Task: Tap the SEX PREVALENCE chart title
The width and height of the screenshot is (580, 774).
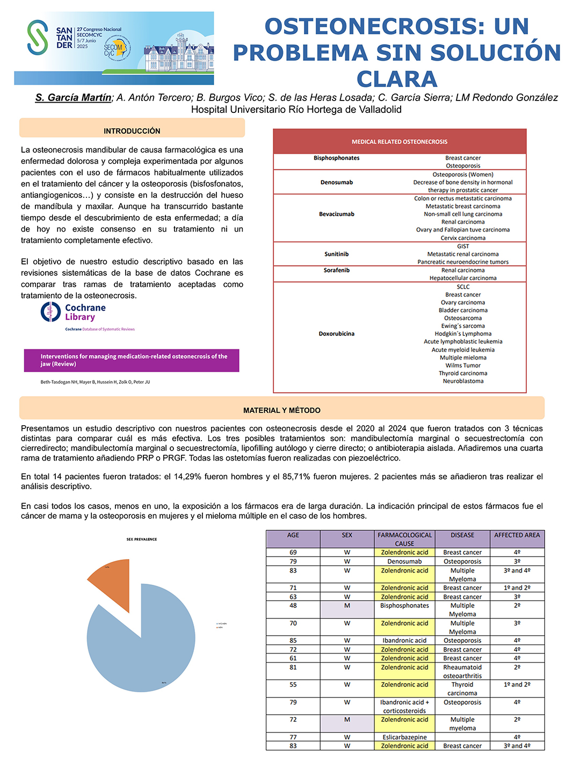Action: pyautogui.click(x=142, y=539)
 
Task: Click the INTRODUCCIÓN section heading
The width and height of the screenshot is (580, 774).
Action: pyautogui.click(x=132, y=131)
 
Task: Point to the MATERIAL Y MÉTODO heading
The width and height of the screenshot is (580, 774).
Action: pyautogui.click(x=282, y=410)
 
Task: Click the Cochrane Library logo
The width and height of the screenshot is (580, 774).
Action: pyautogui.click(x=74, y=312)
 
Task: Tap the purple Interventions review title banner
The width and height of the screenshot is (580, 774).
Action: pyautogui.click(x=132, y=360)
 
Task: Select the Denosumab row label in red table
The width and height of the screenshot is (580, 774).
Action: pyautogui.click(x=337, y=182)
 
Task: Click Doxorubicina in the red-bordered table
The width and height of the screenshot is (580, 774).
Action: pyautogui.click(x=337, y=334)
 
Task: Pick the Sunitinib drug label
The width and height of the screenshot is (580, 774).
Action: pyautogui.click(x=337, y=254)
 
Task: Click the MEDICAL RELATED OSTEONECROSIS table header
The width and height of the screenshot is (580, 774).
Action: pyautogui.click(x=400, y=142)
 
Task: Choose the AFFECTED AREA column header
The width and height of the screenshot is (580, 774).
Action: pyautogui.click(x=517, y=535)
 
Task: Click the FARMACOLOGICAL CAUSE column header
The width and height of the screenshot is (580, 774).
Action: pyautogui.click(x=404, y=539)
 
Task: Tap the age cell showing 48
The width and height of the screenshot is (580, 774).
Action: pyautogui.click(x=293, y=606)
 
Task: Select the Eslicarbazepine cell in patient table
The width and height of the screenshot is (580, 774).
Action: pyautogui.click(x=404, y=737)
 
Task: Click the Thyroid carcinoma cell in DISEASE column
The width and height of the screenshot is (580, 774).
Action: pyautogui.click(x=462, y=689)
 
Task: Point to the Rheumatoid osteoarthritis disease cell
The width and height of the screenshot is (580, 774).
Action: pyautogui.click(x=462, y=671)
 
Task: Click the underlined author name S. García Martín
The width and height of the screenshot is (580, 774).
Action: pyautogui.click(x=74, y=98)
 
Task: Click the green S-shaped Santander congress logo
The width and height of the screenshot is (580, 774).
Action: pyautogui.click(x=38, y=38)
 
